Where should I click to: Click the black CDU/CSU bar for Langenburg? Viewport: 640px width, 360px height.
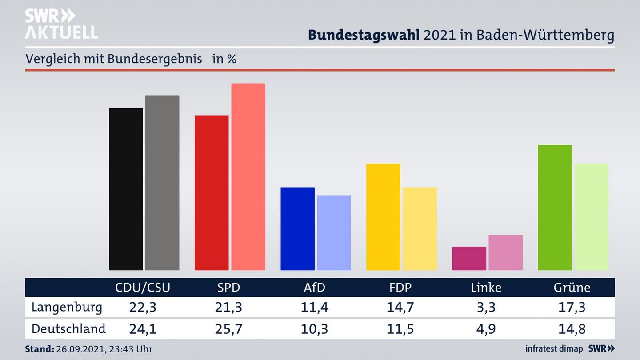pos(126,189)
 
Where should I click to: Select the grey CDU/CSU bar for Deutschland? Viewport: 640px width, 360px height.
pos(162,183)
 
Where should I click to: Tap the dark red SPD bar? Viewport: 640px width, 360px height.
pos(212,192)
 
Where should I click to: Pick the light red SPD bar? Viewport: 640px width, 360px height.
pos(248,176)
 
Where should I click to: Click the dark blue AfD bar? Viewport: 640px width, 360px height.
pos(297,228)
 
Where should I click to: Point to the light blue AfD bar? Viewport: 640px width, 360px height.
pos(334,232)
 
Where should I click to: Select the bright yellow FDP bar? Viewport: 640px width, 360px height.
pos(383,217)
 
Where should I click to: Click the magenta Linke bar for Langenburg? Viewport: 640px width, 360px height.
pos(469,258)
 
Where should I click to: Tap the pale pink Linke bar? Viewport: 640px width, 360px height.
pos(505,252)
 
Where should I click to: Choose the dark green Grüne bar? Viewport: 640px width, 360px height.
pos(555,208)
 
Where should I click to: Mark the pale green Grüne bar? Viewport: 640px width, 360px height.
pos(591,216)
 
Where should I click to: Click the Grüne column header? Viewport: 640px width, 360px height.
pos(572,288)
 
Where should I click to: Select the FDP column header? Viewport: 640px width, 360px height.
pos(400,288)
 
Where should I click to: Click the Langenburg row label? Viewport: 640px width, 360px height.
pos(67,307)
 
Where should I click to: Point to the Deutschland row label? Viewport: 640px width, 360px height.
pos(68,329)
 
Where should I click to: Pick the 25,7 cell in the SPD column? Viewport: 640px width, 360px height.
pos(228,329)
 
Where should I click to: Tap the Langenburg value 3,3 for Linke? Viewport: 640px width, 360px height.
pos(486,307)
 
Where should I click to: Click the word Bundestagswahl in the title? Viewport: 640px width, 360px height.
pos(364,35)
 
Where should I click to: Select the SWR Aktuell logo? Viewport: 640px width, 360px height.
pos(61,24)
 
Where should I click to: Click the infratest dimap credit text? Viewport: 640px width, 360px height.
pos(554,348)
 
